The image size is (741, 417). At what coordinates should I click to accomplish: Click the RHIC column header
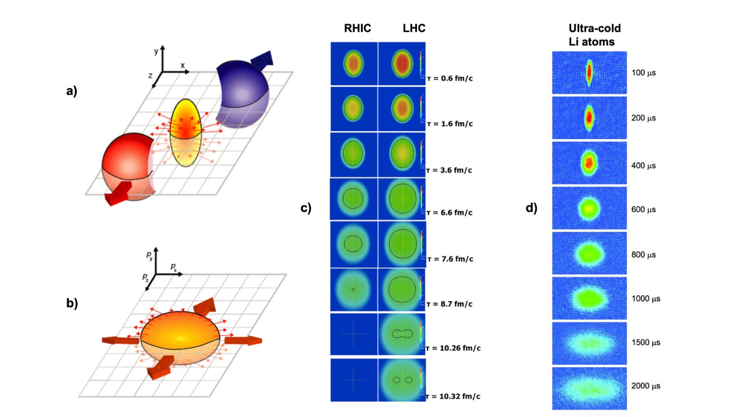click(357, 28)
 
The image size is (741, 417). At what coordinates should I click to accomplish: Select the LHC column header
click(414, 28)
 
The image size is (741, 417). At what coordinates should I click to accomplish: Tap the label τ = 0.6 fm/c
click(450, 78)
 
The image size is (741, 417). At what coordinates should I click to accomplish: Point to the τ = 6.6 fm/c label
click(450, 212)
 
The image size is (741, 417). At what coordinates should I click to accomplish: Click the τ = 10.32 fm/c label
click(453, 396)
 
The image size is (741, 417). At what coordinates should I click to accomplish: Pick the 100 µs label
click(644, 73)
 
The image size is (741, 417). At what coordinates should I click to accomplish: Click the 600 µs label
click(644, 209)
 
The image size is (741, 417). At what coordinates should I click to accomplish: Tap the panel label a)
click(72, 91)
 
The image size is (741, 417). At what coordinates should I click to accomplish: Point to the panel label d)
click(531, 208)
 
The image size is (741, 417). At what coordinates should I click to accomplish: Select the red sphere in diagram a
click(127, 164)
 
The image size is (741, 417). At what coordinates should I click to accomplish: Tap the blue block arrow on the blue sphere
click(262, 59)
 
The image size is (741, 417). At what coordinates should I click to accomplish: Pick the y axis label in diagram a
click(156, 51)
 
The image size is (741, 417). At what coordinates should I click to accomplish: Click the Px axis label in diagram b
click(174, 267)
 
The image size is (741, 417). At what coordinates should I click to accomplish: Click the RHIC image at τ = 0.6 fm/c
click(354, 64)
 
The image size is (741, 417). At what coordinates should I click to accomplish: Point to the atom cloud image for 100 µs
click(589, 72)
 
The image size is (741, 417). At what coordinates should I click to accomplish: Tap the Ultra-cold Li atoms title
click(594, 35)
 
